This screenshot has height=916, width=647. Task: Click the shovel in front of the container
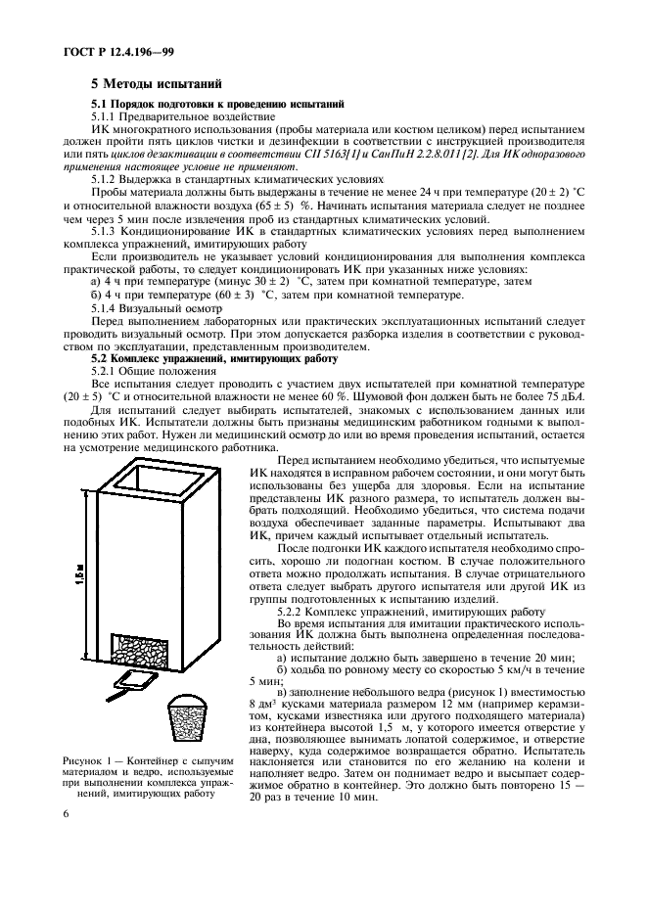coord(130,678)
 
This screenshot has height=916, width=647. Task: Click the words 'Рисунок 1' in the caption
coord(87,760)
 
